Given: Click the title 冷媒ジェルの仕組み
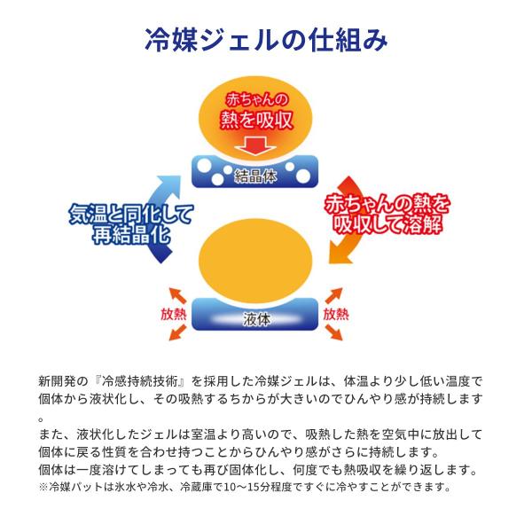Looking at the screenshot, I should (266, 40).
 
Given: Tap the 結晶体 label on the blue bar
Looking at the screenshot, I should (256, 174).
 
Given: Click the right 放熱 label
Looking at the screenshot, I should (336, 314).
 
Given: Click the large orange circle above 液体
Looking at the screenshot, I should (256, 258).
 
